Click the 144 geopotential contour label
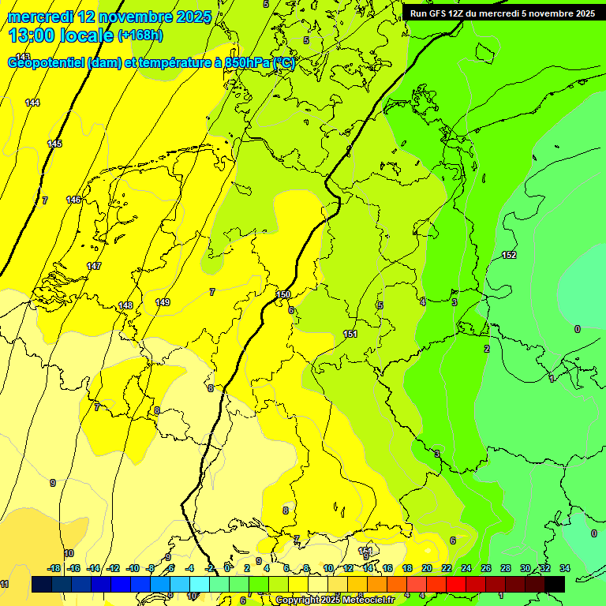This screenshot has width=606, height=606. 32,103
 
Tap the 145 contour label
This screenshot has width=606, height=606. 54,144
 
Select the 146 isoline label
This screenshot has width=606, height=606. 73,200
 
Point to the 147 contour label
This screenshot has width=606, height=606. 94,266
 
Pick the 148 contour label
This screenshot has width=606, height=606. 125,305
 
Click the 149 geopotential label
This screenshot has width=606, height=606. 163,302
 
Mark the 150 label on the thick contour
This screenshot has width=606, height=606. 283,294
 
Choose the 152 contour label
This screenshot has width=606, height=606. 509,255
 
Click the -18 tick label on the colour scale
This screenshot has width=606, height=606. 54,568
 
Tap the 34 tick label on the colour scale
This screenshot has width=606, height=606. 565,568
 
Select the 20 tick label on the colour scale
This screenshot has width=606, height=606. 426,568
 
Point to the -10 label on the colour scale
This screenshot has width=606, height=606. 133,568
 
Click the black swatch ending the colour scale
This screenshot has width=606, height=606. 555,584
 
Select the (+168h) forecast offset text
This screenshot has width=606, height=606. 140,35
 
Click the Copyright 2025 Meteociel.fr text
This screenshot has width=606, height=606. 335,600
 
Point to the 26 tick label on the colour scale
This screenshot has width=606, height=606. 485,568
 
